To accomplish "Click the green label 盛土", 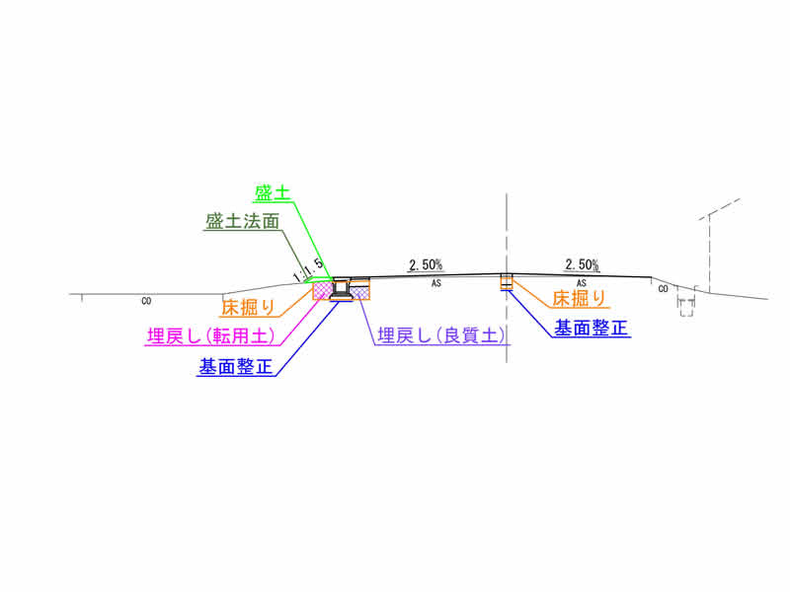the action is (273, 193).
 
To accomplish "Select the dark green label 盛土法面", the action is (242, 221).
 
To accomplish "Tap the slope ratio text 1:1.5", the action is (308, 270).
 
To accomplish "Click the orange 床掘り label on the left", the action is (249, 307).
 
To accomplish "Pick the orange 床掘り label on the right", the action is (580, 299).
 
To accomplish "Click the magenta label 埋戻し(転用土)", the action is (211, 335).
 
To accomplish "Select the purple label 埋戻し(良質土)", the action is (441, 335).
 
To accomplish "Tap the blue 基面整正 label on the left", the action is (236, 366).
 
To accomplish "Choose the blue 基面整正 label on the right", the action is (591, 329).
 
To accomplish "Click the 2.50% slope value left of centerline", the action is (426, 264).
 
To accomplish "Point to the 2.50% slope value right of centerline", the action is (582, 264).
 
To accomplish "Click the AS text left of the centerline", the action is (436, 283).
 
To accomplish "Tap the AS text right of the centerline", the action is (582, 283).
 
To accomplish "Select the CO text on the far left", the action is (146, 302).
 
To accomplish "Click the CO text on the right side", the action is (663, 289).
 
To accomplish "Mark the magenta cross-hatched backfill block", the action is (323, 290).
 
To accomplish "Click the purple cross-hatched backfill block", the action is (359, 292).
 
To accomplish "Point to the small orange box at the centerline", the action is (507, 282).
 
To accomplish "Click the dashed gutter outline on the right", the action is (686, 302).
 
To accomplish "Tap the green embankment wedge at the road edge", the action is (320, 279).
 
